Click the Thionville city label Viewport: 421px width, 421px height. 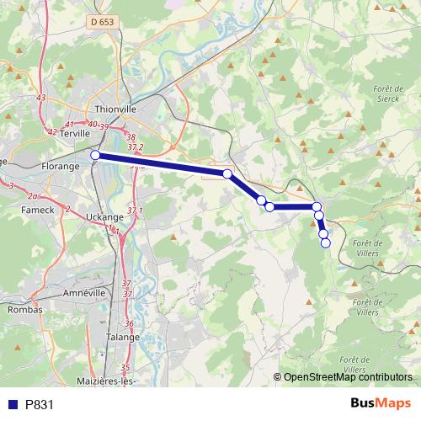(x=115, y=109)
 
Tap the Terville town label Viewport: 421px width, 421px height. (x=74, y=133)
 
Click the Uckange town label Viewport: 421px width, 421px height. (x=103, y=216)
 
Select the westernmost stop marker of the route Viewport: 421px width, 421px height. (x=96, y=155)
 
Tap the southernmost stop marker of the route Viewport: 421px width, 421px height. (x=326, y=244)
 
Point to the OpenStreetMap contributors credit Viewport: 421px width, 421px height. (x=348, y=378)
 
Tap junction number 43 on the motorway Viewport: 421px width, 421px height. (x=41, y=98)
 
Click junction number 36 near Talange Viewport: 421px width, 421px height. (x=129, y=323)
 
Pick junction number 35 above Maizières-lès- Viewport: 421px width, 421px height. (x=125, y=367)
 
